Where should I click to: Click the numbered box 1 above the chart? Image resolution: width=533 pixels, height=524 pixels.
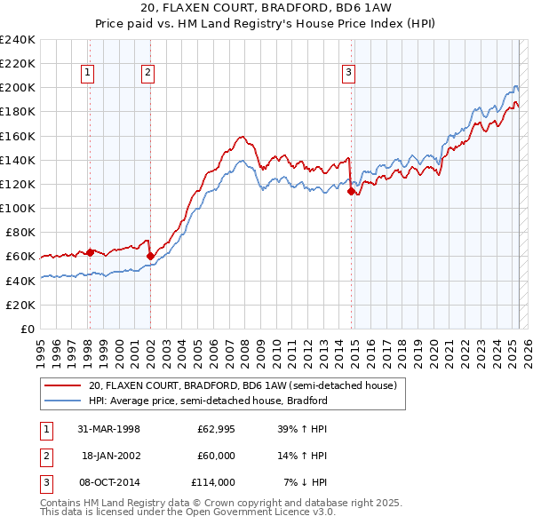[x=89, y=74]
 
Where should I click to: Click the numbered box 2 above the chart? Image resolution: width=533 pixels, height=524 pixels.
[x=147, y=74]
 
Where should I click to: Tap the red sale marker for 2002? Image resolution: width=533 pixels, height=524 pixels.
[x=150, y=257]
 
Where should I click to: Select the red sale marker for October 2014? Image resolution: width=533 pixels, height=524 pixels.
[x=352, y=191]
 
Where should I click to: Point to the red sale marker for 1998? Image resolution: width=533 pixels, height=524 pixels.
[x=90, y=252]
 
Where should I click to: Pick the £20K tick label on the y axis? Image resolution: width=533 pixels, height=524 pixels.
[x=21, y=305]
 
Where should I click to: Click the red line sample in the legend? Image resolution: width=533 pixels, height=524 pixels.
[x=63, y=385]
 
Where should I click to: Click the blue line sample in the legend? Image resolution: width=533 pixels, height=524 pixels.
[x=63, y=401]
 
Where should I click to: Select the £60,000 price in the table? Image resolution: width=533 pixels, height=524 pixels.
[x=216, y=456]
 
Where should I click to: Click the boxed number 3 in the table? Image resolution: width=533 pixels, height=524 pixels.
[x=45, y=482]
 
